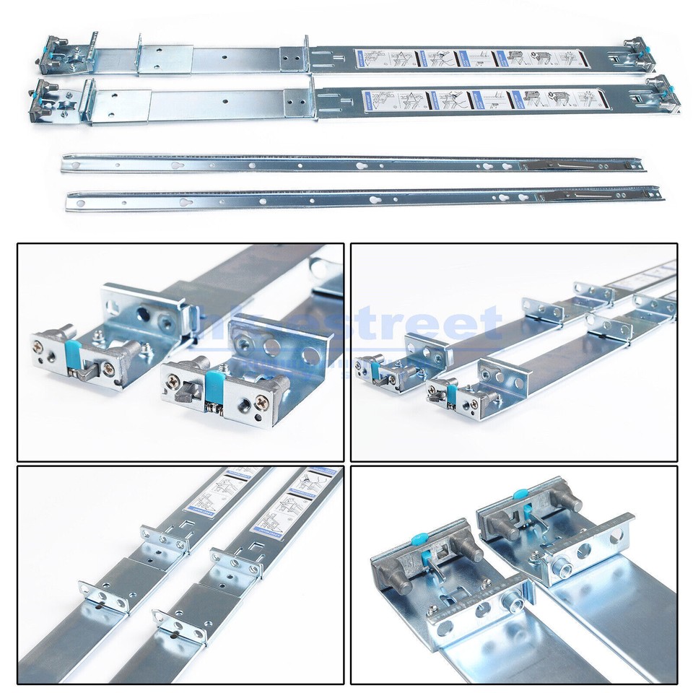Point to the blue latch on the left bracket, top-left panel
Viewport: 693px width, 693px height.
pos(73,353)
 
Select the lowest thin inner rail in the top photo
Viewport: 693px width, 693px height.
pos(361,199)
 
